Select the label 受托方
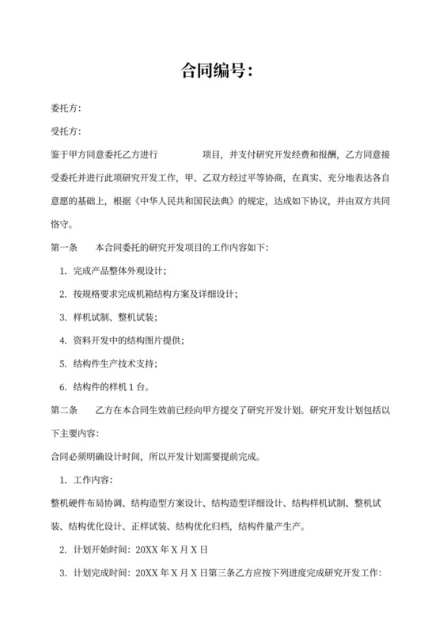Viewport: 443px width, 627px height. (x=66, y=131)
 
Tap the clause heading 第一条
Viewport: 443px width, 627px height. (x=62, y=249)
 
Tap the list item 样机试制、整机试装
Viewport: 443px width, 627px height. (x=114, y=317)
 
